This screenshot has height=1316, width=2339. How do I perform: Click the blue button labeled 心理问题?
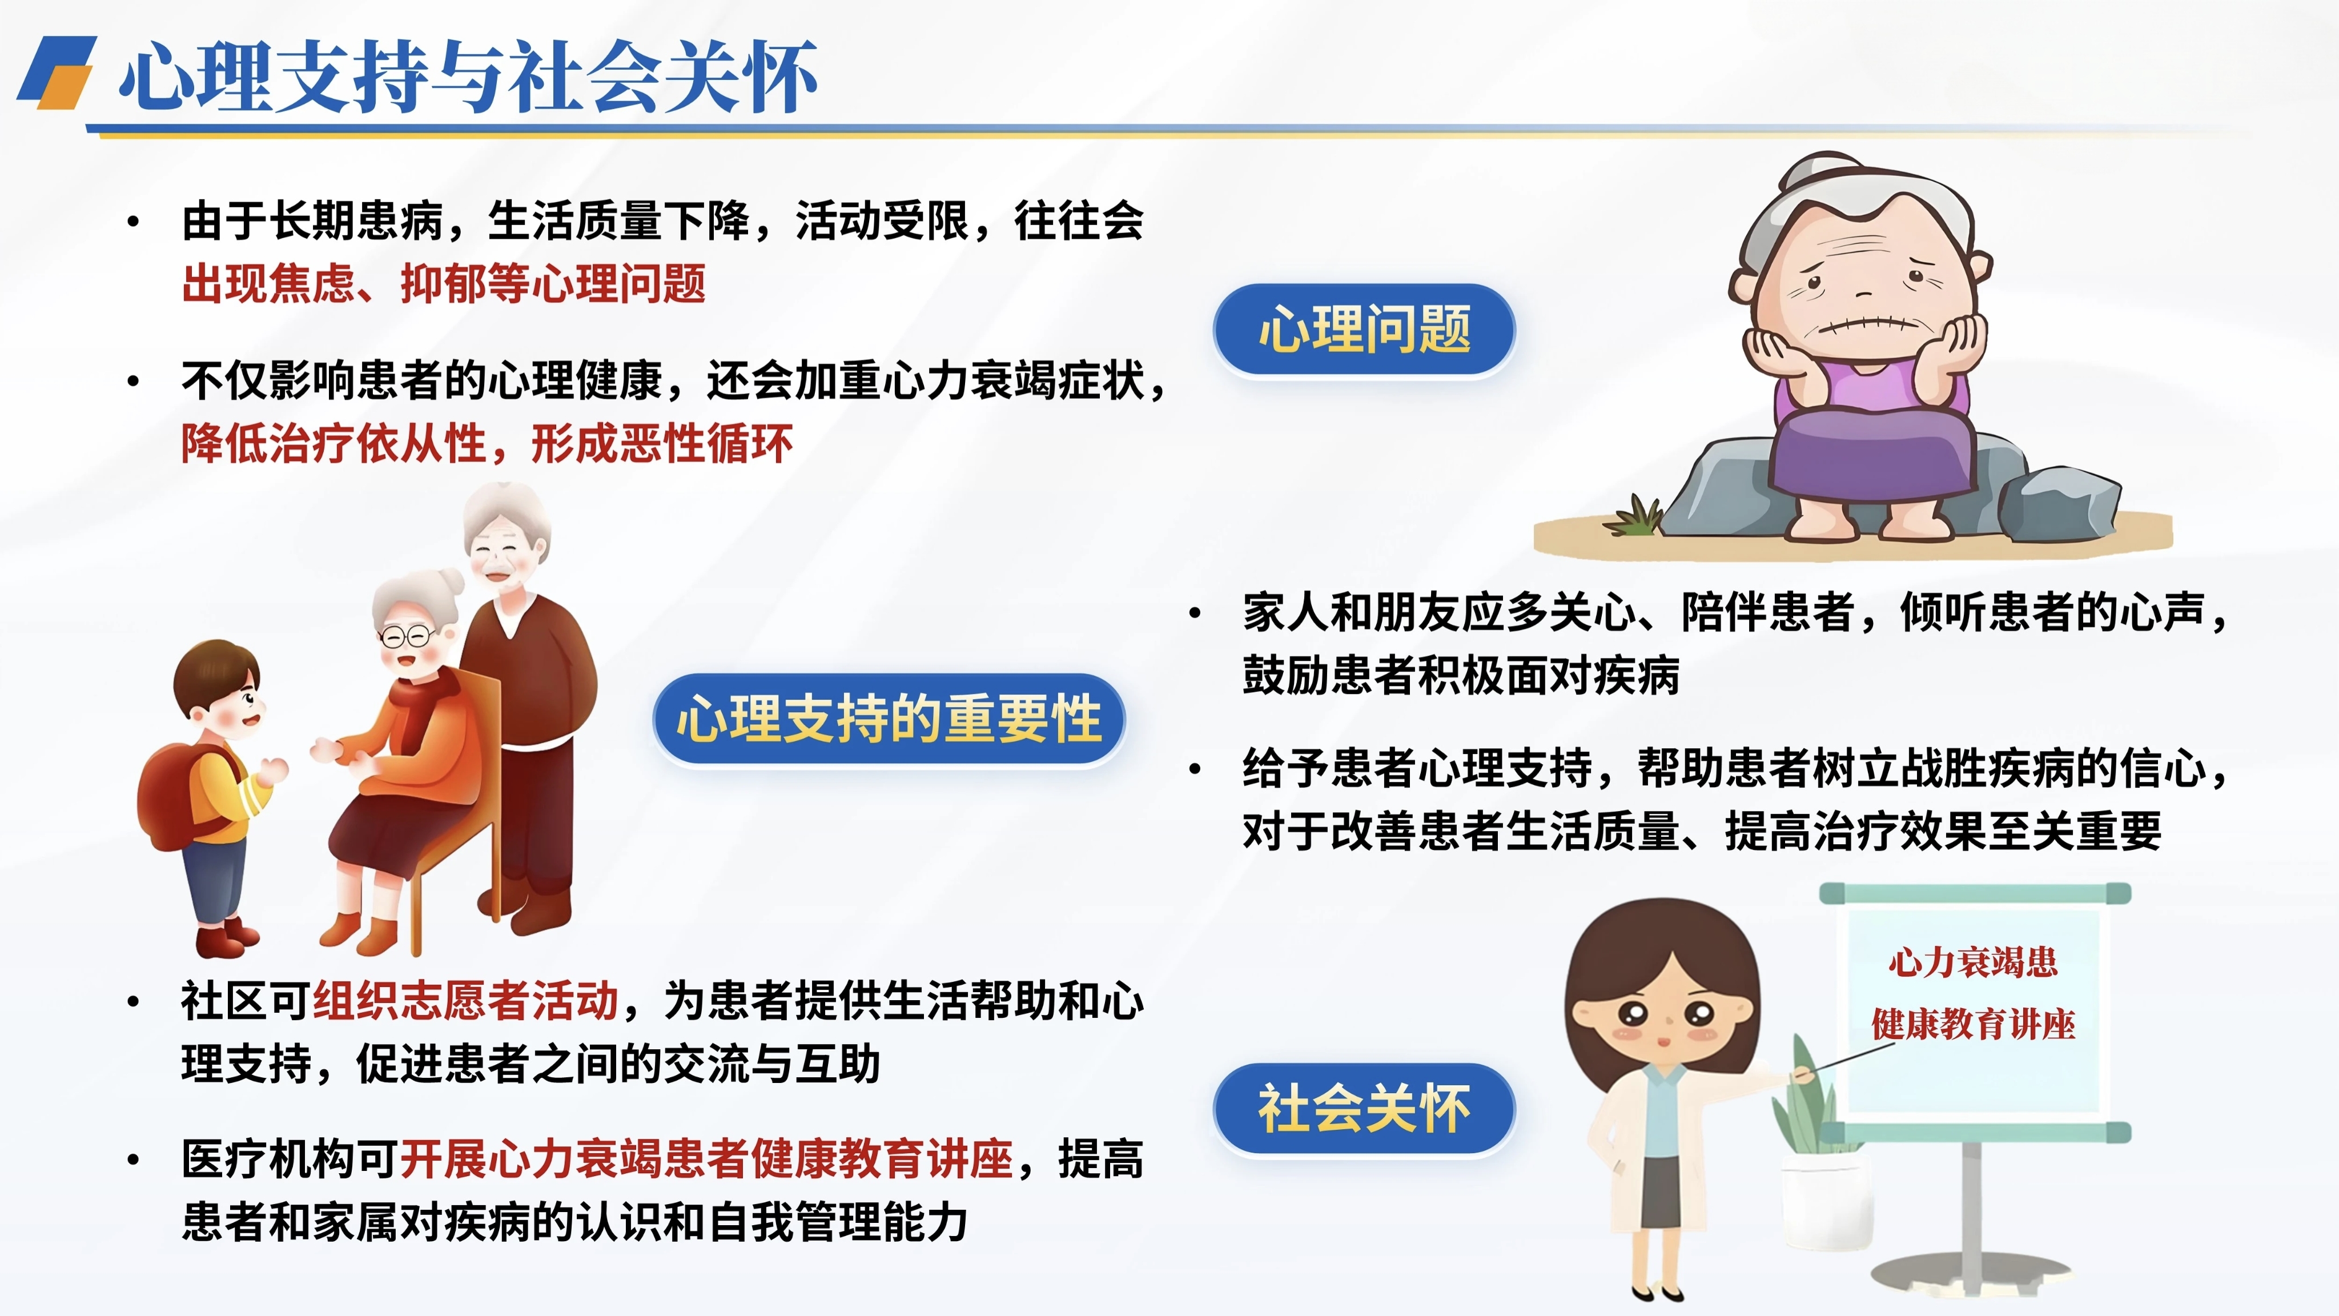[1364, 329]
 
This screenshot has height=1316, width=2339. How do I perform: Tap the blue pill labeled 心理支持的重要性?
[889, 719]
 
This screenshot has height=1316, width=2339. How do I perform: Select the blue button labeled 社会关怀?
[1364, 1108]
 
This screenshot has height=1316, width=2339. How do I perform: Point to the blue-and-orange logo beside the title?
[57, 72]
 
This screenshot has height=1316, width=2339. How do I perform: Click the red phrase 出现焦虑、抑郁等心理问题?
[444, 283]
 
